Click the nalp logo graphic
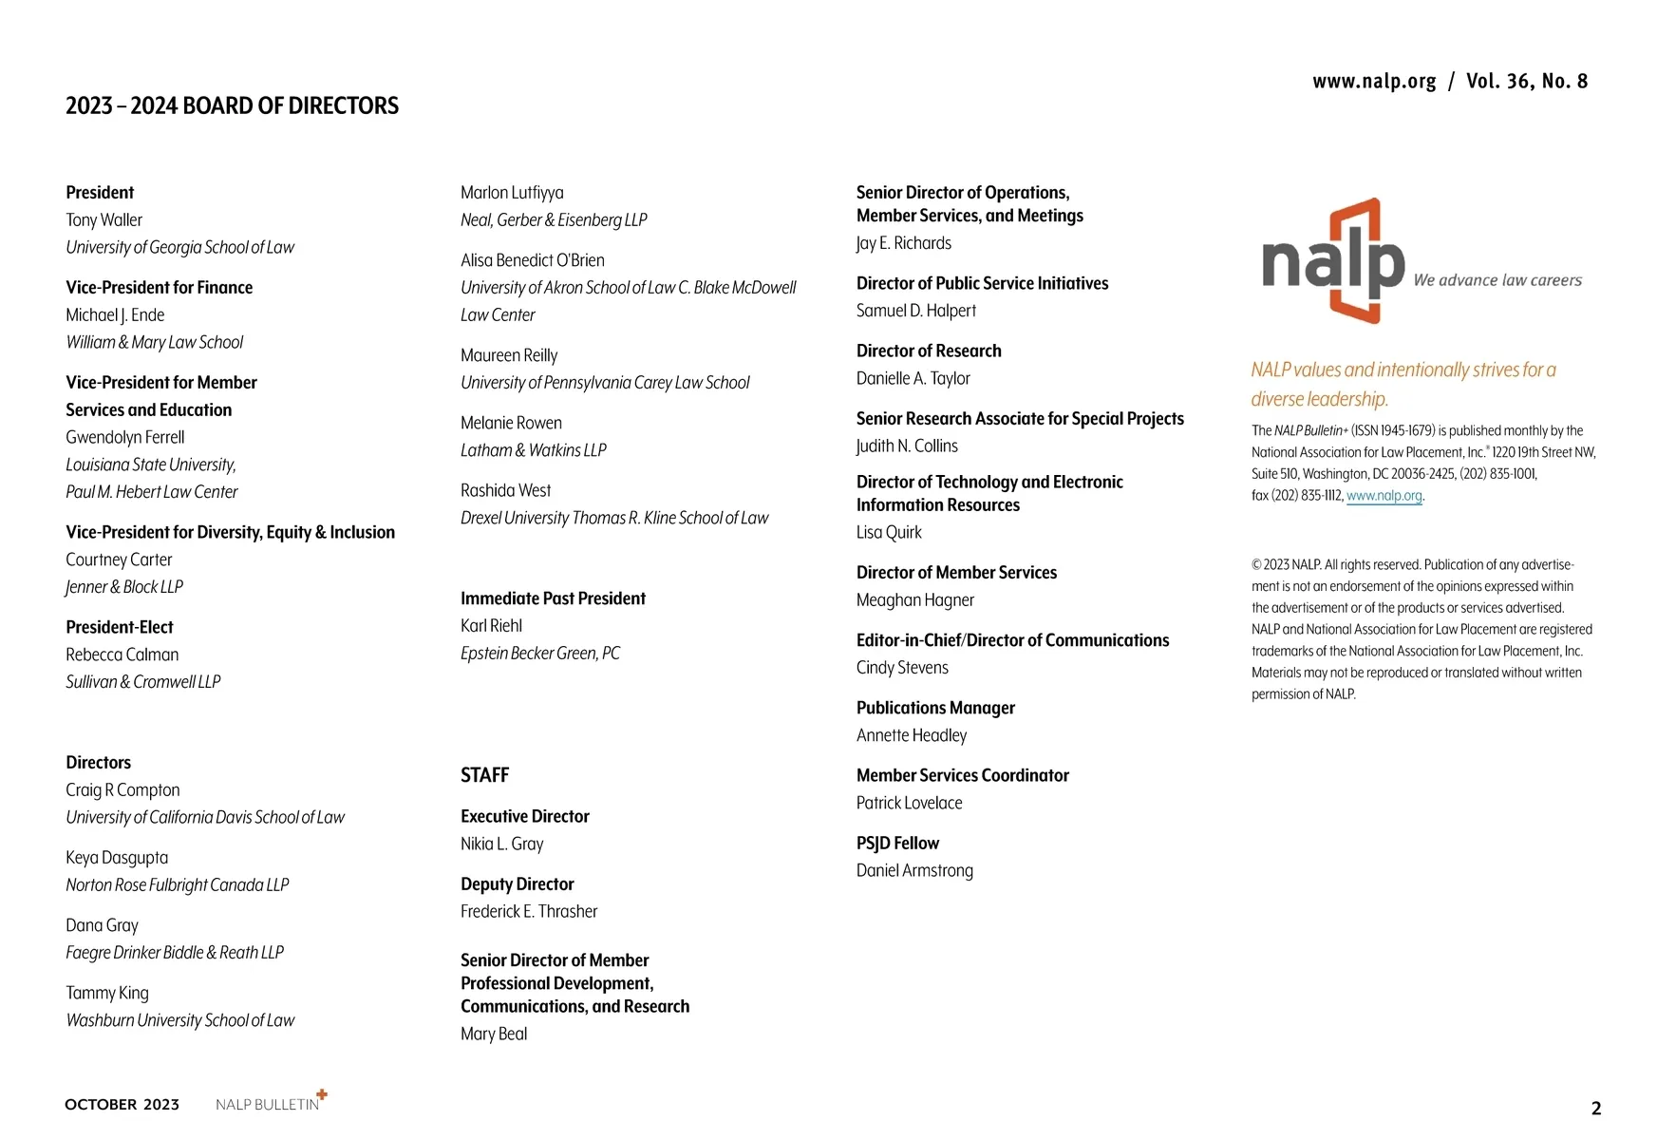click(x=1333, y=261)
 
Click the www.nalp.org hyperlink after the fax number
click(x=1384, y=496)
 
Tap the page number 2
click(x=1596, y=1108)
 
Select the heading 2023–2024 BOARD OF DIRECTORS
click(x=232, y=105)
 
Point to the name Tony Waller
click(x=104, y=220)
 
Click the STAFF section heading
click(x=484, y=775)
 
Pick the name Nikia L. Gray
click(x=501, y=844)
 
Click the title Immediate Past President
click(x=553, y=598)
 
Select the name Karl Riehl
click(x=491, y=626)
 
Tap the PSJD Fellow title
click(x=897, y=844)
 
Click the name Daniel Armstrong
click(x=914, y=871)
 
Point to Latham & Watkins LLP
click(x=533, y=450)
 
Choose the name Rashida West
click(x=505, y=491)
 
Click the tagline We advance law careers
click(x=1497, y=280)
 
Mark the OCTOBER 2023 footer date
click(x=122, y=1105)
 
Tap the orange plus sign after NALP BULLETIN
click(x=322, y=1094)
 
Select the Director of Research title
click(x=929, y=351)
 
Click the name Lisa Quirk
click(x=889, y=533)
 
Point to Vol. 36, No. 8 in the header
click(x=1526, y=82)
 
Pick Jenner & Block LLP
click(x=124, y=587)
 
